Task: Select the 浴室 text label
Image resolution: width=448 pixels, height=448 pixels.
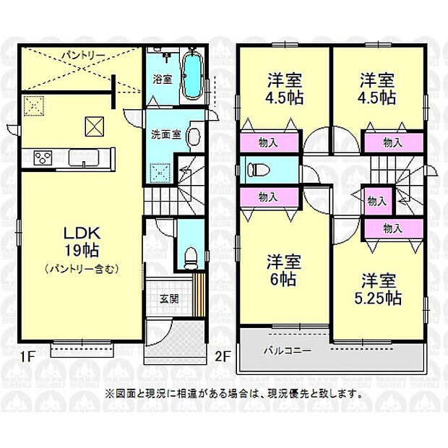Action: tap(163, 79)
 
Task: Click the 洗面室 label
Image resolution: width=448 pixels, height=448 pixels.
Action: tap(163, 134)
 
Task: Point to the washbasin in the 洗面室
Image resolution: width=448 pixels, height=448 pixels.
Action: tap(194, 136)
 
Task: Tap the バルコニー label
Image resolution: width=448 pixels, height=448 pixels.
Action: tap(287, 350)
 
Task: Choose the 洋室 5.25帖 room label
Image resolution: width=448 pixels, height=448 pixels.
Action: tap(382, 288)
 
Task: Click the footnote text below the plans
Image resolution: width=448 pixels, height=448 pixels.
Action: tap(233, 395)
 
